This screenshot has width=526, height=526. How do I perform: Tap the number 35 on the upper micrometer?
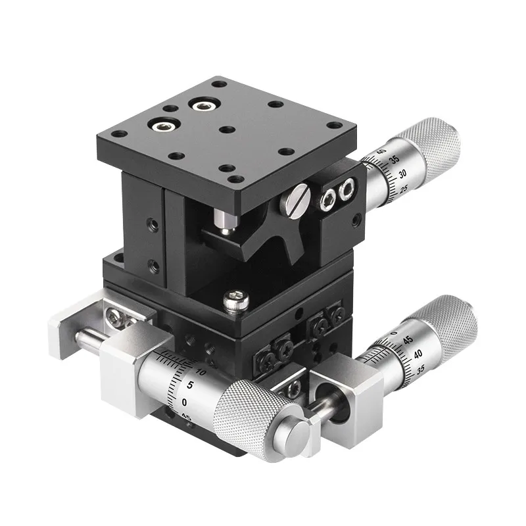(394, 160)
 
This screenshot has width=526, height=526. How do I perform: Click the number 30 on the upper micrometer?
(400, 175)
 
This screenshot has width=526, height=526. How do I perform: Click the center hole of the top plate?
(225, 129)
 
